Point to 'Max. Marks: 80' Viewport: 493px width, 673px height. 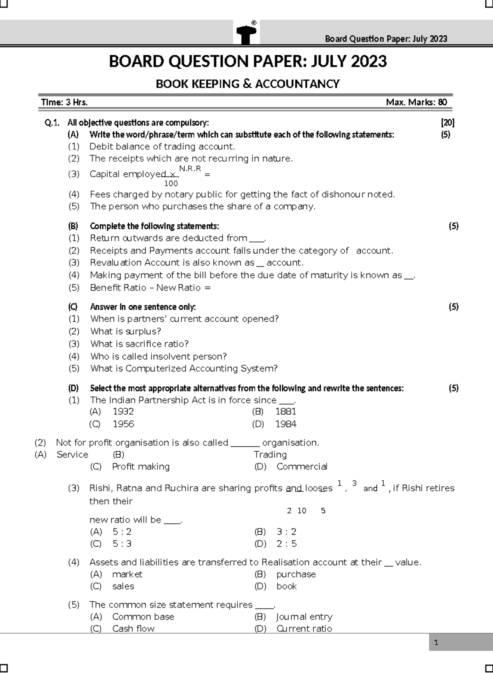point(416,102)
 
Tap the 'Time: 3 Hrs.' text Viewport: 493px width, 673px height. point(64,102)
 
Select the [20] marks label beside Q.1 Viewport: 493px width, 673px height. point(447,123)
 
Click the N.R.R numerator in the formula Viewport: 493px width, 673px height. point(190,168)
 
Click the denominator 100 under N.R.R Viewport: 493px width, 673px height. point(171,183)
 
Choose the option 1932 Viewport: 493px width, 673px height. point(123,411)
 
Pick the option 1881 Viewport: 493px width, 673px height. point(286,411)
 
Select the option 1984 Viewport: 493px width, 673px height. point(286,424)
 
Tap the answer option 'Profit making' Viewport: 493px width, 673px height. point(141,466)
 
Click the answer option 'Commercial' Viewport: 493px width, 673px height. point(302,466)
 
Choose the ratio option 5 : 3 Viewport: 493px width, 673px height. point(122,544)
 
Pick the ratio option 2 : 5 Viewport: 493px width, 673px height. point(286,544)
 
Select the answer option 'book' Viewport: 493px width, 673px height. point(286,586)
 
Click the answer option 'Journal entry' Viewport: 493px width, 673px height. point(304,617)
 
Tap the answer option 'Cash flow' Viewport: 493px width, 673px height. point(133,629)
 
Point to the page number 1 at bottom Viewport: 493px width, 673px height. point(436,643)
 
